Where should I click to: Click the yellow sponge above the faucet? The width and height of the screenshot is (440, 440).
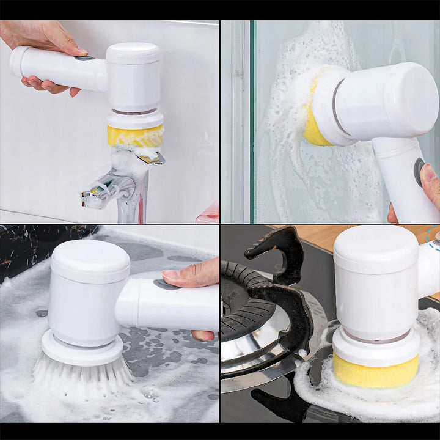(x=135, y=135)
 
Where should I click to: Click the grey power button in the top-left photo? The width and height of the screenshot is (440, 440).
(x=84, y=58)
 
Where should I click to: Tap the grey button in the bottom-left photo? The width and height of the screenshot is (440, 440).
(x=163, y=284)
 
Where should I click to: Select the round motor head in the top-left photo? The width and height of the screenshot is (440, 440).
(x=134, y=76)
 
